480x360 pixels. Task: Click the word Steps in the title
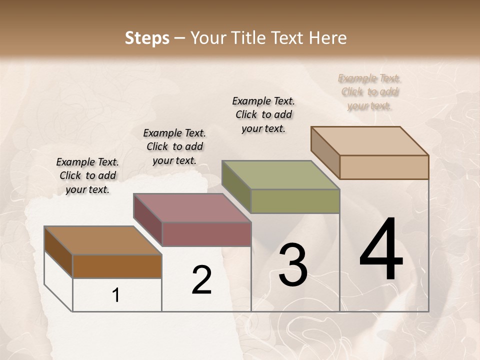(x=147, y=38)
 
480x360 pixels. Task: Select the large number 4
(x=381, y=250)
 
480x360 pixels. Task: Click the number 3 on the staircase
(x=292, y=265)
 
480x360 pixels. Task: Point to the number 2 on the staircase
(x=201, y=280)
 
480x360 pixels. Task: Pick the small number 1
(x=116, y=295)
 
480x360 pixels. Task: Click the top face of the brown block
(x=102, y=240)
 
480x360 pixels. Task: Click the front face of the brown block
(x=117, y=266)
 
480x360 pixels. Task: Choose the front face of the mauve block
(x=206, y=234)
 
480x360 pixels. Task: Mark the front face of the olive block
(x=295, y=201)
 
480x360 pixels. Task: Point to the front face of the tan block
(x=384, y=167)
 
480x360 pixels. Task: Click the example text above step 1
(x=87, y=175)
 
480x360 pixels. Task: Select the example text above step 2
(x=174, y=146)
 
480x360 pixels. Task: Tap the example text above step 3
(x=263, y=114)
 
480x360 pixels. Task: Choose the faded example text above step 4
(x=369, y=91)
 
